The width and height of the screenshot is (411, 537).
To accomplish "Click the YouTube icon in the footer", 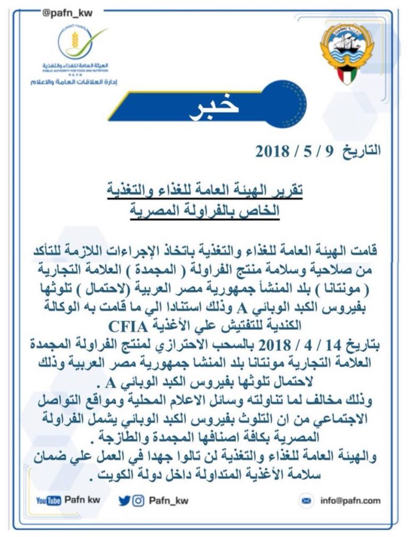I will [x=49, y=500].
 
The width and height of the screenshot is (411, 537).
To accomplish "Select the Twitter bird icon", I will [x=124, y=500].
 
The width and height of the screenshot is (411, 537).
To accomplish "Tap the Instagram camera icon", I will [x=138, y=500].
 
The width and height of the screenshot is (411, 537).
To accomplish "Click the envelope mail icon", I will [x=306, y=501].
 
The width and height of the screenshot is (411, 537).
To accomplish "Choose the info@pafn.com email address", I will [x=350, y=501].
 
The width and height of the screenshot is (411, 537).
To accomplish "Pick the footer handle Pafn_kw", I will [x=169, y=500].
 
